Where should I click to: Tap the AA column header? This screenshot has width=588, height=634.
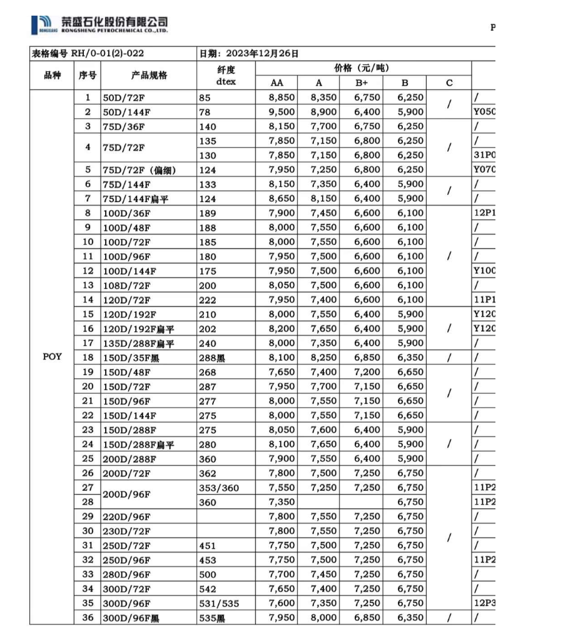[276, 83]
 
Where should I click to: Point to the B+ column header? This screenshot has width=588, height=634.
[362, 83]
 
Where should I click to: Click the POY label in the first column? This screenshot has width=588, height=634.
[52, 357]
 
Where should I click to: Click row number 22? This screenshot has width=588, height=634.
[88, 415]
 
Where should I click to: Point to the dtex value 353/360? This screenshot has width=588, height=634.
[219, 488]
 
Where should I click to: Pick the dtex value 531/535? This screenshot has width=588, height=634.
[219, 603]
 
